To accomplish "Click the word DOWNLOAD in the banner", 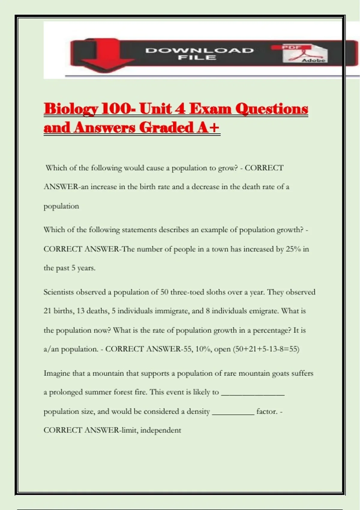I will (x=199, y=50).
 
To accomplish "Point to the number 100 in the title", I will (x=116, y=109).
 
